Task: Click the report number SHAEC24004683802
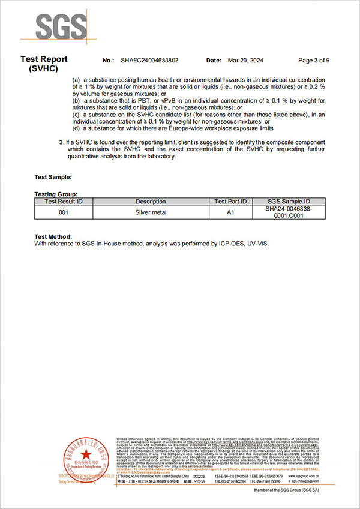(x=149, y=61)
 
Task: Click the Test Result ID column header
(x=64, y=202)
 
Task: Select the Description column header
(x=150, y=202)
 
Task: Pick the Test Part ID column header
(x=230, y=202)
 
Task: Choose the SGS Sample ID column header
(x=288, y=202)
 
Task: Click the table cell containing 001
(x=64, y=212)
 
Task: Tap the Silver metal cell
(x=150, y=212)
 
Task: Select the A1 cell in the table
(x=230, y=212)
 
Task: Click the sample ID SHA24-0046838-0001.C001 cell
(x=288, y=212)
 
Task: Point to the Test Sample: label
(x=53, y=177)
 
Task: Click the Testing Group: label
(x=56, y=194)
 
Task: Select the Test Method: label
(x=53, y=237)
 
